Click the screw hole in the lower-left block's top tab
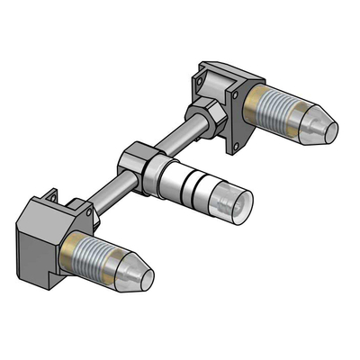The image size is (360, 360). tap(51, 192)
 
